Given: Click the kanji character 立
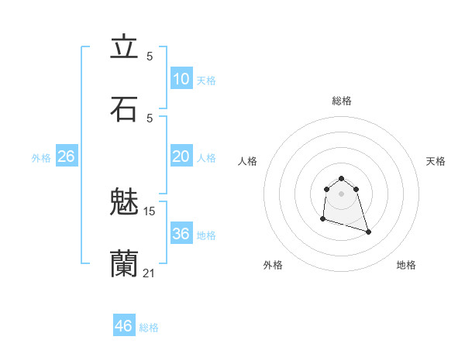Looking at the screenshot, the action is [124, 47].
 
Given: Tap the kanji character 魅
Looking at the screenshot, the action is [124, 201].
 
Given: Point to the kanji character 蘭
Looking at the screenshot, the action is [124, 263].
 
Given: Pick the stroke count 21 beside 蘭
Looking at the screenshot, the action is [150, 273].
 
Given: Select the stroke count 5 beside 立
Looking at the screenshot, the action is [150, 57].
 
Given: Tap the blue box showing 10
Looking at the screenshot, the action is [181, 79].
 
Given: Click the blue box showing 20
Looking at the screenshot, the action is [181, 156].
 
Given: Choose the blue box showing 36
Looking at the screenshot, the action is [181, 234].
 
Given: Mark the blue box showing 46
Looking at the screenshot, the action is [123, 326].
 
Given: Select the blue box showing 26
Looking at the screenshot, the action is [66, 156].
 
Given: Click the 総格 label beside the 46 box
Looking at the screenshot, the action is [149, 328].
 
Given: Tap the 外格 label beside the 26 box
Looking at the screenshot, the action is [41, 158].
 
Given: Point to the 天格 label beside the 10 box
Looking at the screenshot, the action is [206, 81].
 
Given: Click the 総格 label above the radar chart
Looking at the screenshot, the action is [341, 101].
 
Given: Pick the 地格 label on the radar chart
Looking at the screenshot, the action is [406, 265].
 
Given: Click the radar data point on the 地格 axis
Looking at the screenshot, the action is [368, 232].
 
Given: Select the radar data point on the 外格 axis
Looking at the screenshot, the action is [322, 219].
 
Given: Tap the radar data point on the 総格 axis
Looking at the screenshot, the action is [341, 177].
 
